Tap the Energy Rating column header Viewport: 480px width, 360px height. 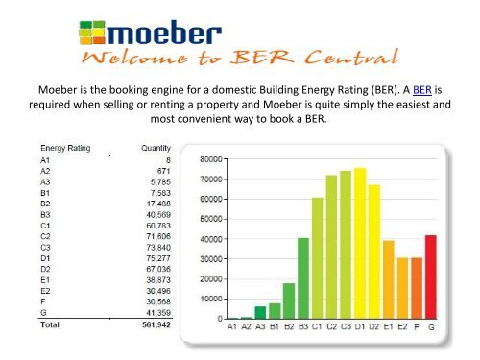(64, 149)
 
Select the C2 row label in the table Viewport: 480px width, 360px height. (45, 233)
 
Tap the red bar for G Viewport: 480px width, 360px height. (431, 276)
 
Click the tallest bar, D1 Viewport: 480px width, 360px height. (360, 243)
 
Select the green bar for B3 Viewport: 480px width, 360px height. (302, 278)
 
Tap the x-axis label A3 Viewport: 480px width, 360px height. (260, 327)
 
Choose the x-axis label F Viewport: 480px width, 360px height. (417, 327)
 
